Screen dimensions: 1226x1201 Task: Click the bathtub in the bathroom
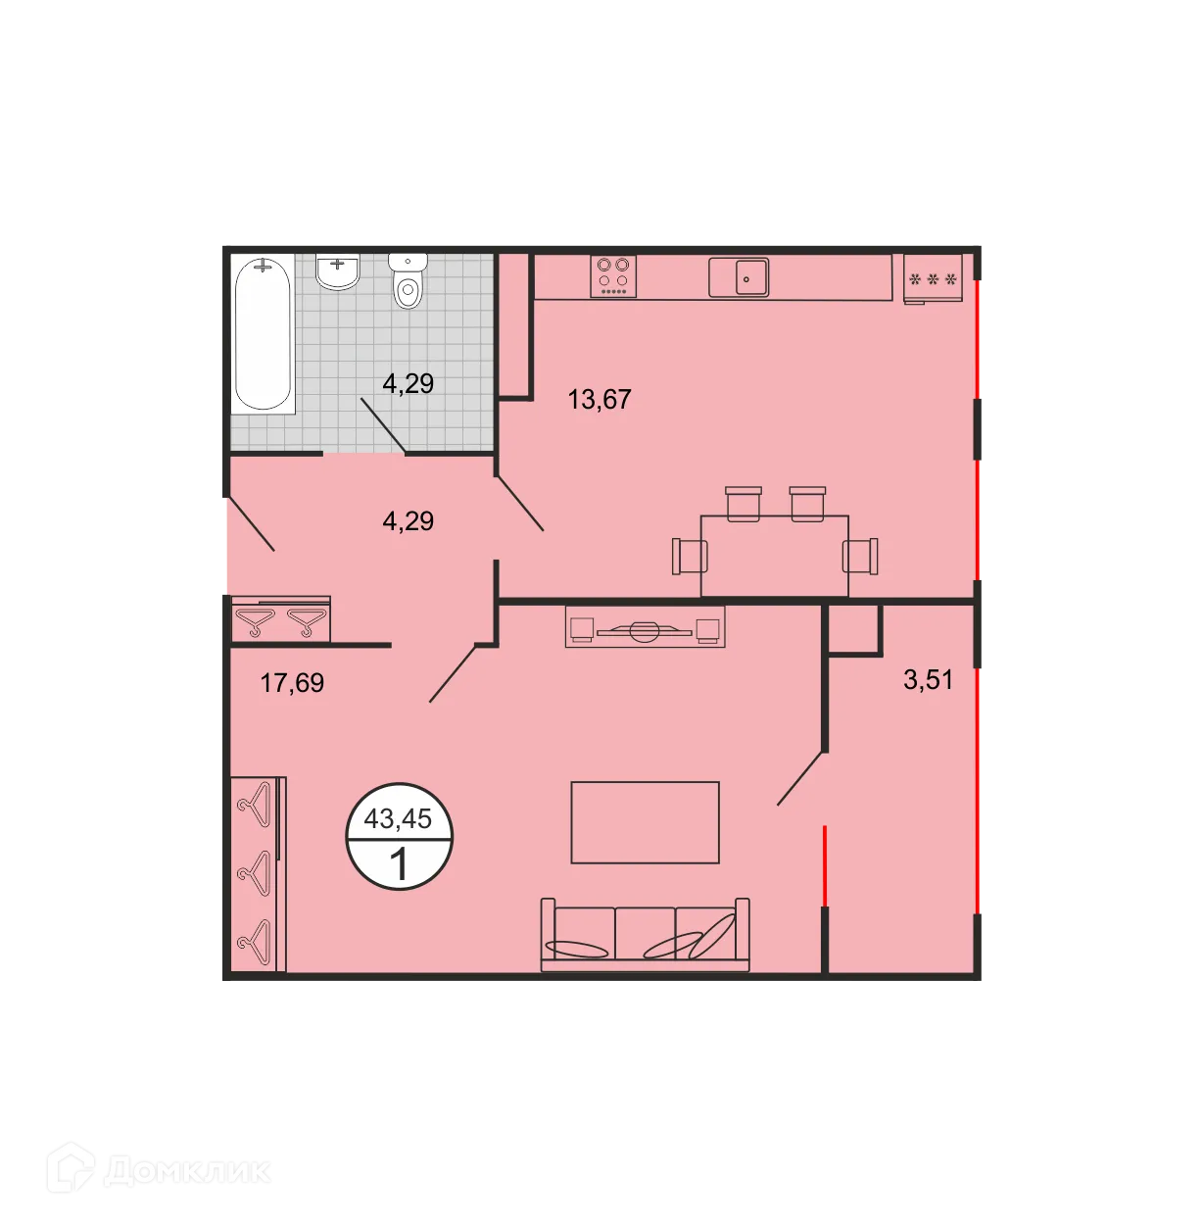[264, 333]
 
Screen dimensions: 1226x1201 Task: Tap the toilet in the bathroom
[408, 281]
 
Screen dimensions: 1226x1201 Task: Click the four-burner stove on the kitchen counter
[613, 276]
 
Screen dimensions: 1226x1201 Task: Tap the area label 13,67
[600, 400]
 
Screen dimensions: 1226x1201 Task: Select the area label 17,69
[292, 682]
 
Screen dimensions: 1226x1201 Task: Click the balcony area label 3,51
[928, 679]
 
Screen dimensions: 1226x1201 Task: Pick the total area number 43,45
[398, 818]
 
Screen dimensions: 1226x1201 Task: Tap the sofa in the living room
[645, 935]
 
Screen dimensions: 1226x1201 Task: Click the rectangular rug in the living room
[645, 822]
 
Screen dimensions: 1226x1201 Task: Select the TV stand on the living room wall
[645, 627]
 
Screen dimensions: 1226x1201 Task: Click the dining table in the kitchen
[774, 555]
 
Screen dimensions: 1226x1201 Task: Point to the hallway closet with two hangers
[280, 620]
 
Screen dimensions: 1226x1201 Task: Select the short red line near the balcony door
[825, 866]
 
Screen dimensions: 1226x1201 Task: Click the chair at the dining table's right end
[862, 556]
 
